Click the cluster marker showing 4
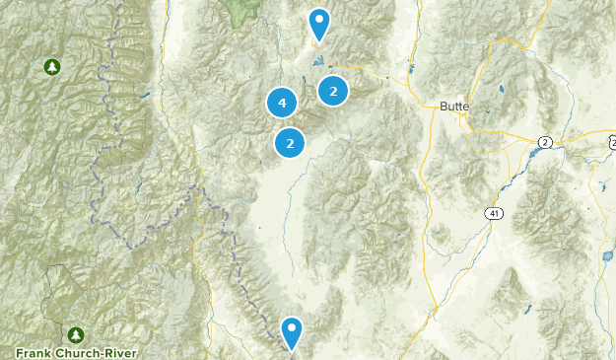point(282,102)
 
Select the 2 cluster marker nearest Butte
point(334,91)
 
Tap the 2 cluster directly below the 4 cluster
point(289,143)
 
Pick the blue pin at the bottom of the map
point(292,331)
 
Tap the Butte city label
point(454,105)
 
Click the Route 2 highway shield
point(544,143)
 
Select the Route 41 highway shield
point(492,212)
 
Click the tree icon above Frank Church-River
point(76,333)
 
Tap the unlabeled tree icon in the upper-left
point(50,67)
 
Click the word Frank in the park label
point(34,352)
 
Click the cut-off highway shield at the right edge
point(612,143)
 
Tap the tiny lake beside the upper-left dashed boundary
point(145,96)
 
